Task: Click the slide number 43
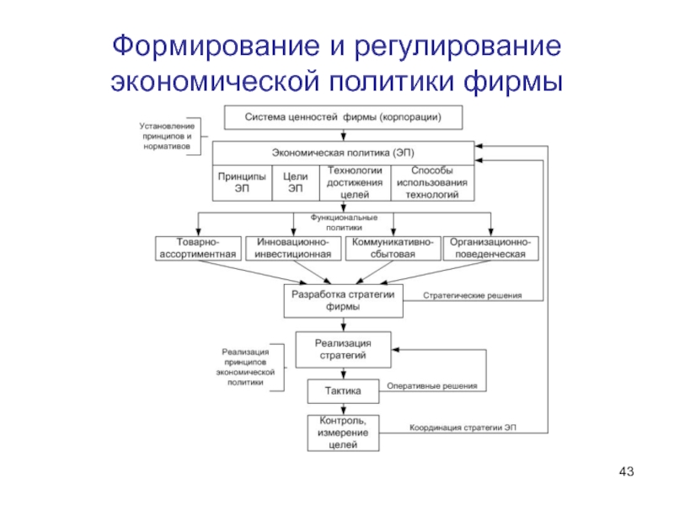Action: point(625,470)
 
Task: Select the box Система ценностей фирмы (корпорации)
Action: point(344,116)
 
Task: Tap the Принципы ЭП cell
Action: point(242,183)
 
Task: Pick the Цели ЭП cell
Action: point(294,183)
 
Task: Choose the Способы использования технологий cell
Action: point(431,182)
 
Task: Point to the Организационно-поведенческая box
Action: point(489,248)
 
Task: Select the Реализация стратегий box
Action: point(343,348)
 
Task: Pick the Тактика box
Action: point(343,391)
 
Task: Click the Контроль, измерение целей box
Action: point(343,432)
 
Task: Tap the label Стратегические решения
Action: point(472,296)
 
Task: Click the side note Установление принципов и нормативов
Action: point(167,136)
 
